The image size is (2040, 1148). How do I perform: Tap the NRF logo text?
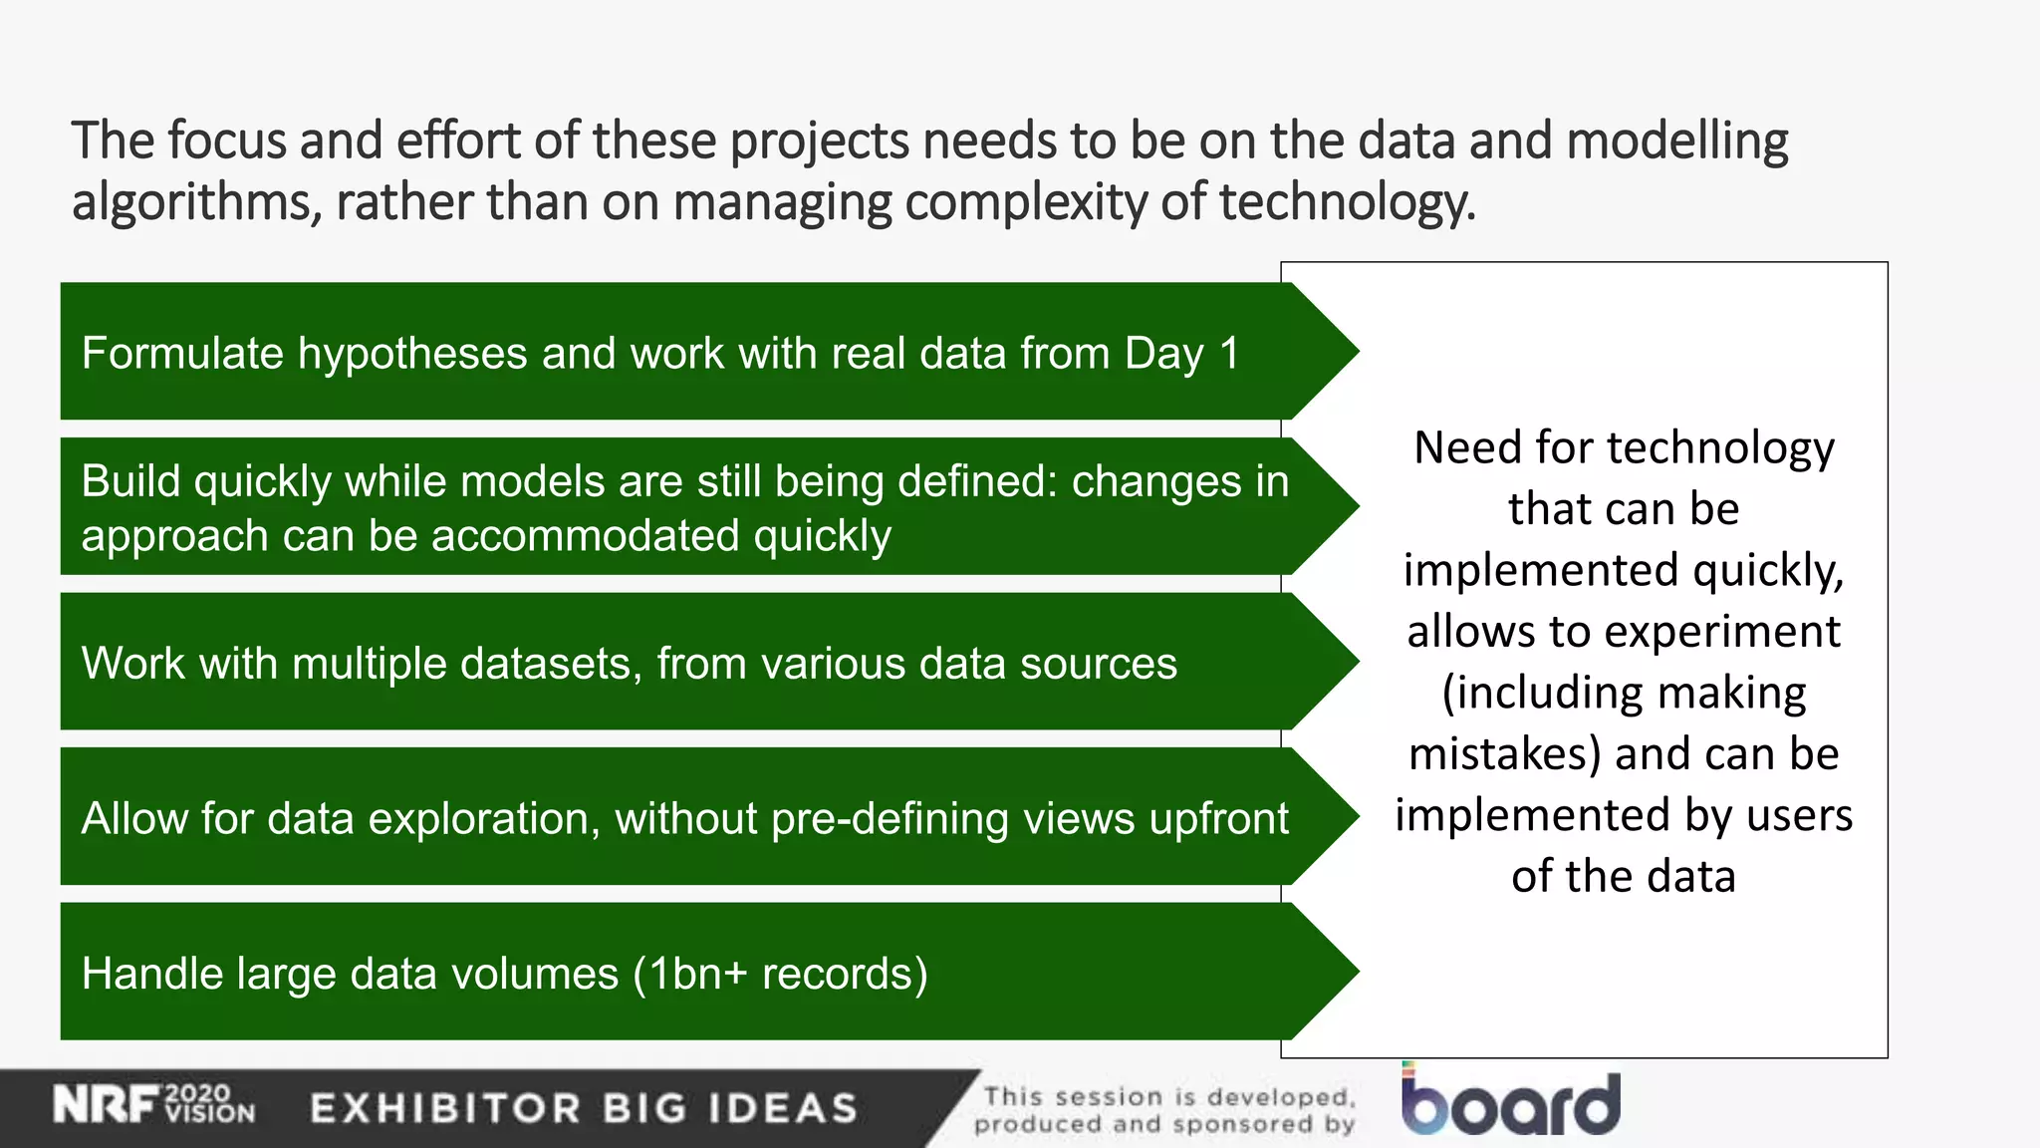[106, 1105]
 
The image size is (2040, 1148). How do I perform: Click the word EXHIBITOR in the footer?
[445, 1108]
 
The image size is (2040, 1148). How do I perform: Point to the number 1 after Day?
[1229, 353]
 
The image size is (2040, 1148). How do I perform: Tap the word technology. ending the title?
[1347, 202]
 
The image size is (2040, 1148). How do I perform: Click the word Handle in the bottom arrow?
[152, 974]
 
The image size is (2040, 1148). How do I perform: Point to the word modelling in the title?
[1677, 142]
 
